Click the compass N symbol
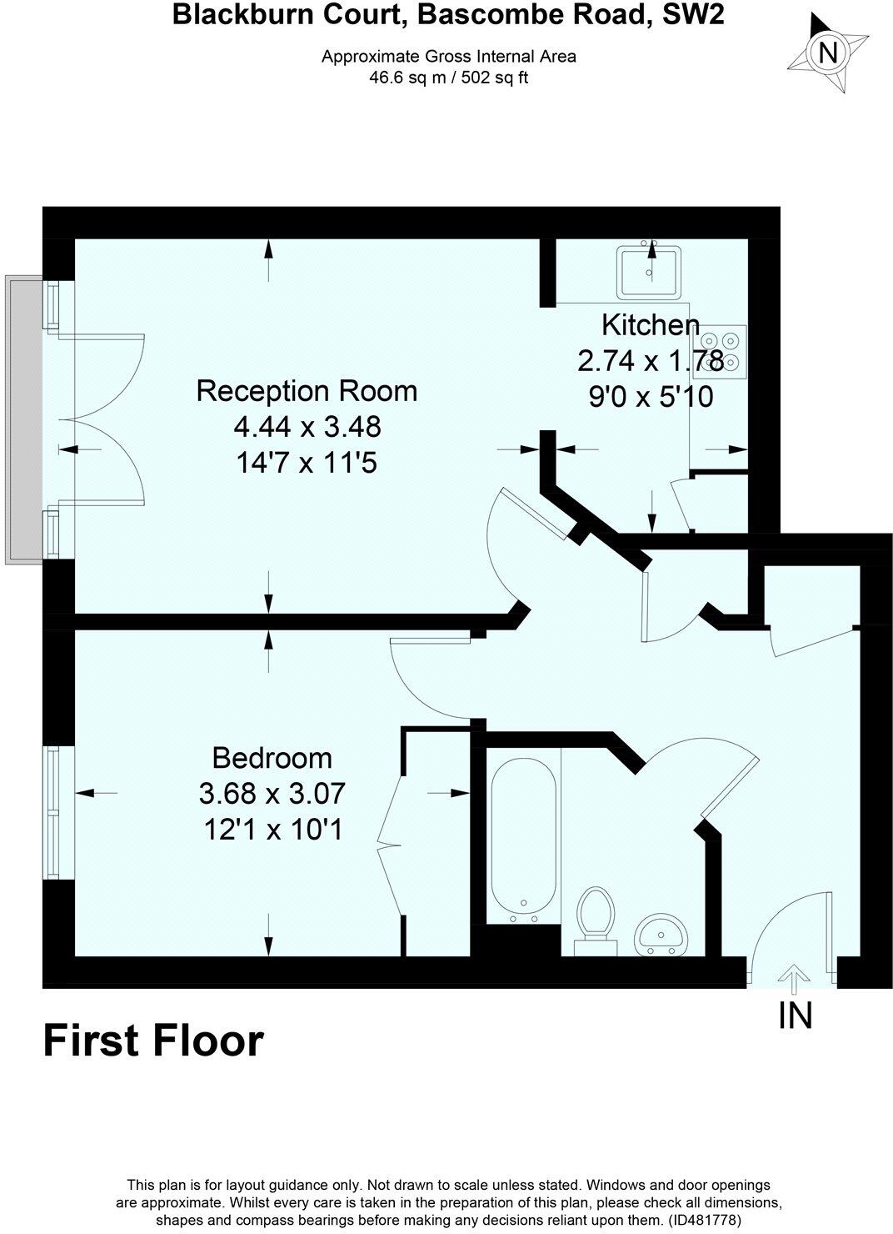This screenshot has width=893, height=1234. pyautogui.click(x=828, y=53)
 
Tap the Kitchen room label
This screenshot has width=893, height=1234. pyautogui.click(x=650, y=324)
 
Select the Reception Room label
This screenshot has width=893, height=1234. pyautogui.click(x=307, y=390)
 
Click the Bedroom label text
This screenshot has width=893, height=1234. pyautogui.click(x=272, y=758)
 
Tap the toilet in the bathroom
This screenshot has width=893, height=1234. pyautogui.click(x=595, y=920)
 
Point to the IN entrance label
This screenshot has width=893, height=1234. pyautogui.click(x=794, y=1016)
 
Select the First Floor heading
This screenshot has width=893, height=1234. pyautogui.click(x=153, y=1041)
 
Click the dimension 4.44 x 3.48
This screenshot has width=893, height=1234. pyautogui.click(x=307, y=427)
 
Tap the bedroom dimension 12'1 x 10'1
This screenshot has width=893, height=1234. pyautogui.click(x=272, y=830)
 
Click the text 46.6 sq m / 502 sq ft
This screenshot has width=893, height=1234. pyautogui.click(x=448, y=78)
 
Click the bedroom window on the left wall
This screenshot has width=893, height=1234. pyautogui.click(x=54, y=811)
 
